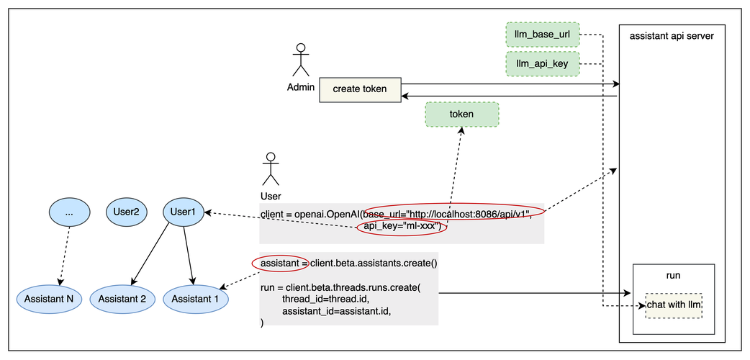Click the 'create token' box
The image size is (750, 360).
click(360, 89)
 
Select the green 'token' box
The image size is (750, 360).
click(461, 114)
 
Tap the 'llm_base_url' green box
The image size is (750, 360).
click(542, 35)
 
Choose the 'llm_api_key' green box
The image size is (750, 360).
click(542, 64)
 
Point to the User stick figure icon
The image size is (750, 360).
click(271, 169)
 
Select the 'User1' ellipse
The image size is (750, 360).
click(184, 212)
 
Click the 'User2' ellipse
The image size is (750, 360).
click(126, 212)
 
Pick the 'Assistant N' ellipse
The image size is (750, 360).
click(49, 298)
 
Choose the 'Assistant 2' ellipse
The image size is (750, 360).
click(122, 298)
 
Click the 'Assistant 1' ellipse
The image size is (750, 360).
click(196, 298)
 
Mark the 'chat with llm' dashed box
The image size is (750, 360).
click(674, 305)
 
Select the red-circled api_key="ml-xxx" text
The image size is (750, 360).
click(402, 228)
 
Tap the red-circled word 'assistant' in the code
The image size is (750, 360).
click(280, 264)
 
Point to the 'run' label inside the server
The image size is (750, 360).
click(673, 275)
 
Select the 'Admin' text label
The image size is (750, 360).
click(300, 88)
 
